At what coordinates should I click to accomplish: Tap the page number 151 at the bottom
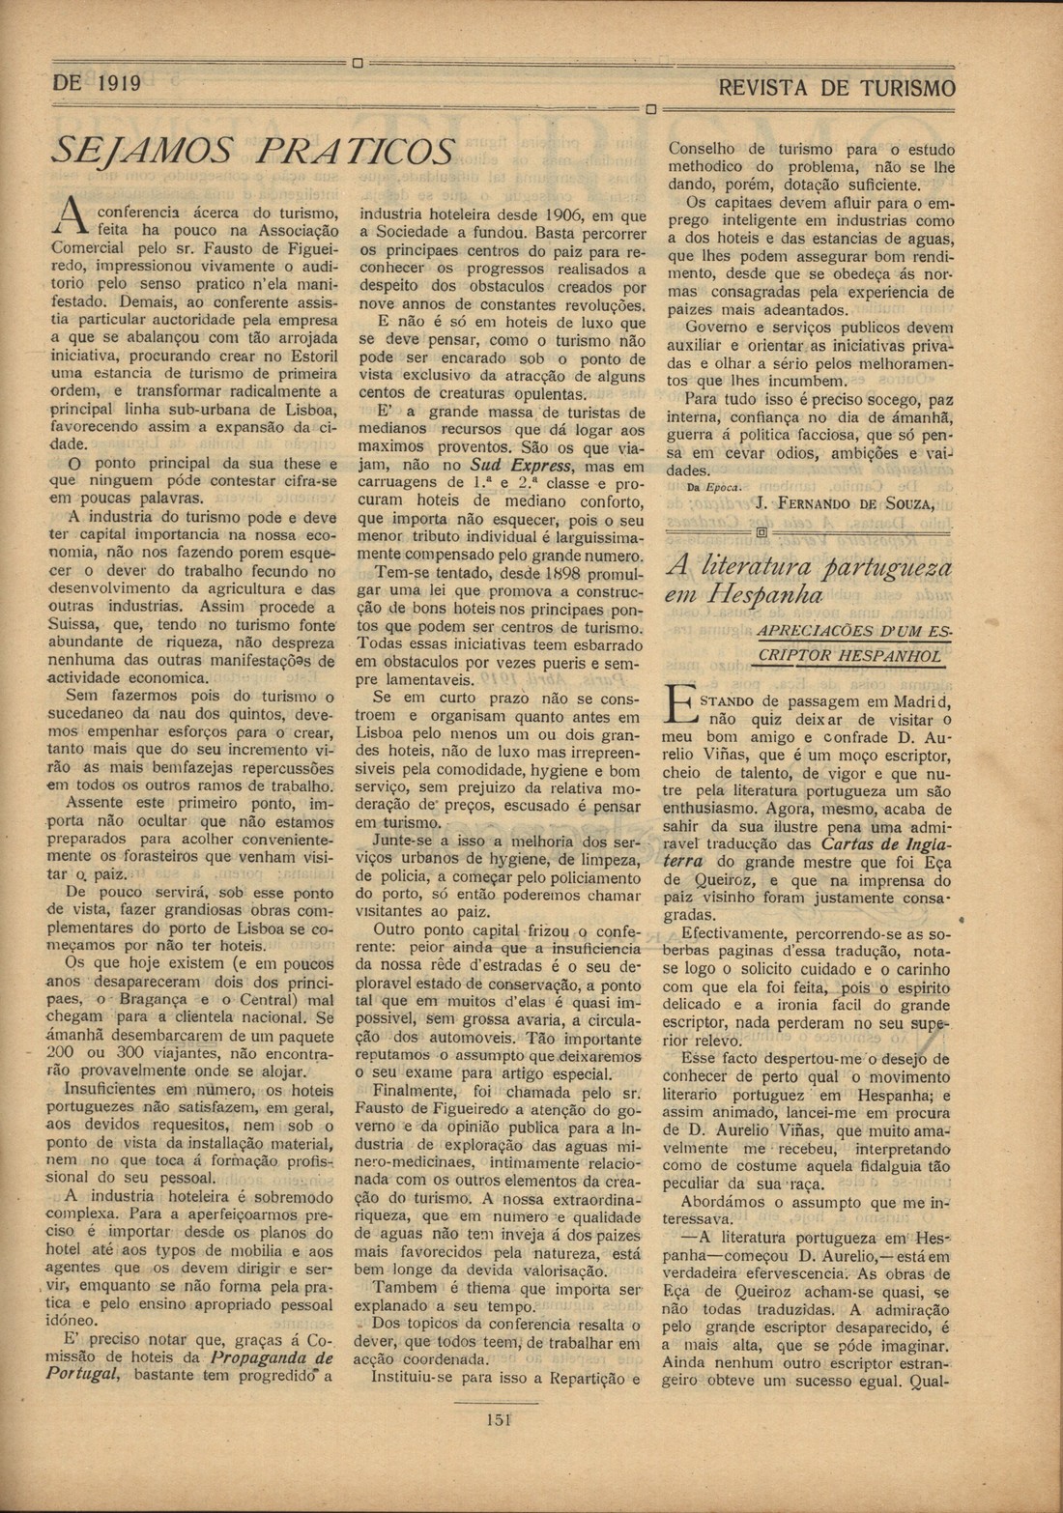(x=498, y=1419)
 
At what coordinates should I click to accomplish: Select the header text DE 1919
(x=97, y=84)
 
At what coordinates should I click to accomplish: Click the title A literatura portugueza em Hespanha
(x=808, y=579)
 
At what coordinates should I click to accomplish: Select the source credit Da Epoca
(x=713, y=488)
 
